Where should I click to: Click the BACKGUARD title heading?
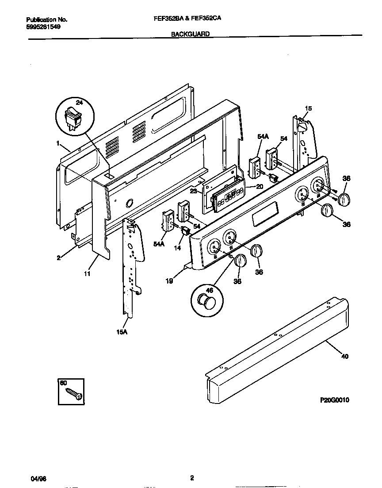pos(190,34)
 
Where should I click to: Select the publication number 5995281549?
pos(43,27)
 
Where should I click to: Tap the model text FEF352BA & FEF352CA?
pos(190,19)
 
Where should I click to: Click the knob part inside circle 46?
pos(206,302)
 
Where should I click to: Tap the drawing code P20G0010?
pos(335,400)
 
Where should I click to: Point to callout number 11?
pos(87,274)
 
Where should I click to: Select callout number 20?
pos(260,186)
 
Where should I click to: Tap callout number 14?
pos(177,248)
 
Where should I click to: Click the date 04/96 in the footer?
pos(38,479)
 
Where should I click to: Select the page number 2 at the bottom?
pos(191,477)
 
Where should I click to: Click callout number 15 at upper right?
pos(308,108)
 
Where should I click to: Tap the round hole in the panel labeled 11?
pos(129,203)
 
